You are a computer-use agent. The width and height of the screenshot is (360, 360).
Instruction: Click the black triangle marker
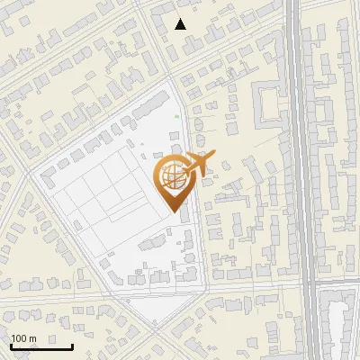tap(181, 24)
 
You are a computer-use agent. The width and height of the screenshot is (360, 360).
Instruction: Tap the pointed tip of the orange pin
tap(174, 212)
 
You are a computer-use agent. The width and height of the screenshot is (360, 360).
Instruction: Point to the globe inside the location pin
tap(174, 178)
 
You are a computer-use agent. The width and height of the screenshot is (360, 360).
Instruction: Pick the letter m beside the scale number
tap(32, 338)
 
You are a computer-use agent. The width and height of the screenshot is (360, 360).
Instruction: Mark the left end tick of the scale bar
tap(11, 345)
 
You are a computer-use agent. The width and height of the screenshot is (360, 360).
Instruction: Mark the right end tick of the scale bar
tap(72, 345)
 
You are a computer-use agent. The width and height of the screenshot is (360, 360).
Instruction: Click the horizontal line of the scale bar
tap(41, 346)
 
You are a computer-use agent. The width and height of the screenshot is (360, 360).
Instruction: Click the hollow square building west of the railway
tap(269, 103)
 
